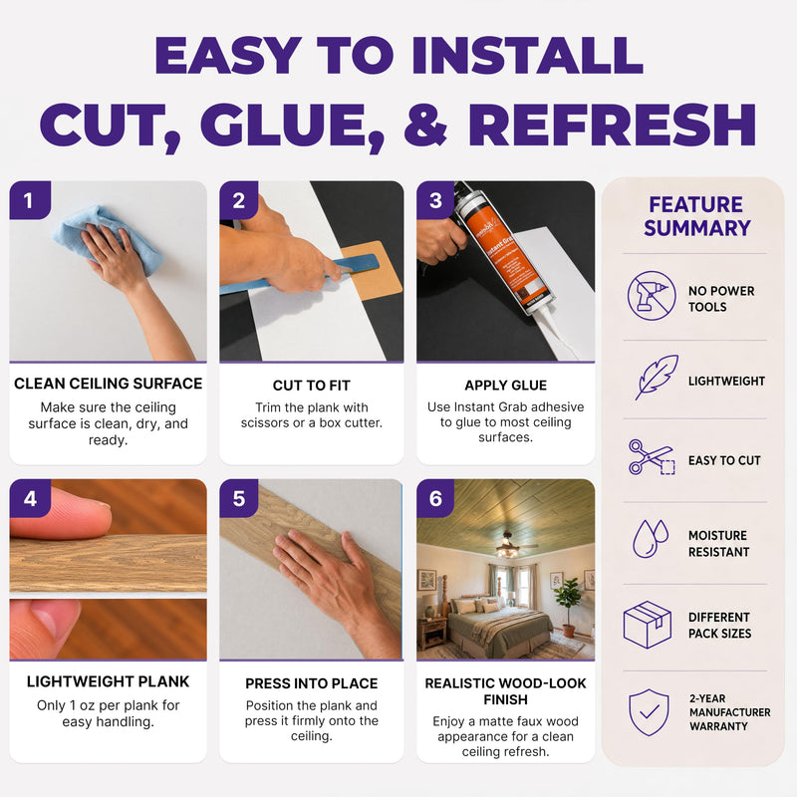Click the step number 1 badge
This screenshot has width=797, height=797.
click(x=30, y=200)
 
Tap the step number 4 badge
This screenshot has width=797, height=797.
click(x=30, y=498)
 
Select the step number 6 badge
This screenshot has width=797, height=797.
click(x=435, y=498)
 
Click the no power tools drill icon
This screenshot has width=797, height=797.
click(x=652, y=295)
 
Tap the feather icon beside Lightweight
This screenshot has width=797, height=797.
click(x=657, y=378)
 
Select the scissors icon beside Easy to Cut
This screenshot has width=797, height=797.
click(x=652, y=457)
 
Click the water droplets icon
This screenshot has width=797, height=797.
click(x=651, y=538)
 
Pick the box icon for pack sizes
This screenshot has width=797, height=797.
click(x=647, y=625)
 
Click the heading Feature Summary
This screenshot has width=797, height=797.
click(x=696, y=216)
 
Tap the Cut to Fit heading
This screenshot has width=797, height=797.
click(x=312, y=386)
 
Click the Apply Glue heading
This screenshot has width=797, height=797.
click(x=506, y=386)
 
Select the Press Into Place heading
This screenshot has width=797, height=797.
click(x=312, y=683)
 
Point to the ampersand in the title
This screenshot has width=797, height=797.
click(x=426, y=126)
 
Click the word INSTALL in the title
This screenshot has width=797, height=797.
click(x=528, y=56)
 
